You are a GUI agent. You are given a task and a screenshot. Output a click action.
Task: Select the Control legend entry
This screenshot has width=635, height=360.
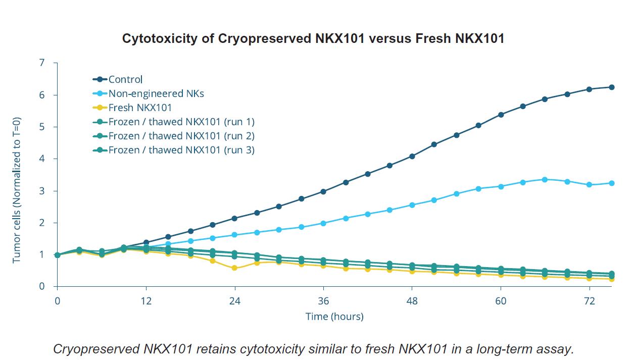125,79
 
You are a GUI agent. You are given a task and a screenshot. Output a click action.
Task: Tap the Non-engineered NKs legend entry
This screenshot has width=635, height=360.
156,93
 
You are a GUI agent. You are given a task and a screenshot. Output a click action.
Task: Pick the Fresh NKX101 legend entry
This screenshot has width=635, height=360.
140,108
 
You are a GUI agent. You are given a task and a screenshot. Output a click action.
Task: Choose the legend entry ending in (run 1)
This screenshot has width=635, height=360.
181,122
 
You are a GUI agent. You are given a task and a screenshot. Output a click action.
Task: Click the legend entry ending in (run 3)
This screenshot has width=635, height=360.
181,150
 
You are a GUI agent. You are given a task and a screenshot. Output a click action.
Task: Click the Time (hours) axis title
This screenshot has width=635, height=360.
334,317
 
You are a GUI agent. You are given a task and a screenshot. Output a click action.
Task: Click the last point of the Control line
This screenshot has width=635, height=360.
612,87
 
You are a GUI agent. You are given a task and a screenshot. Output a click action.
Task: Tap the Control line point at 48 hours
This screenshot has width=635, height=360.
412,157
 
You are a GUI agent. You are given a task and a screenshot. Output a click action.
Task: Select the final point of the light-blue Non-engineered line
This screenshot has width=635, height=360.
612,183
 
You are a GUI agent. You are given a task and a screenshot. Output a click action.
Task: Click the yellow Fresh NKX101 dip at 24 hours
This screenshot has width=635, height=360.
234,268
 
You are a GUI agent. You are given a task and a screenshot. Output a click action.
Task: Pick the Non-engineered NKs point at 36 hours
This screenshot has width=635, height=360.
323,223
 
